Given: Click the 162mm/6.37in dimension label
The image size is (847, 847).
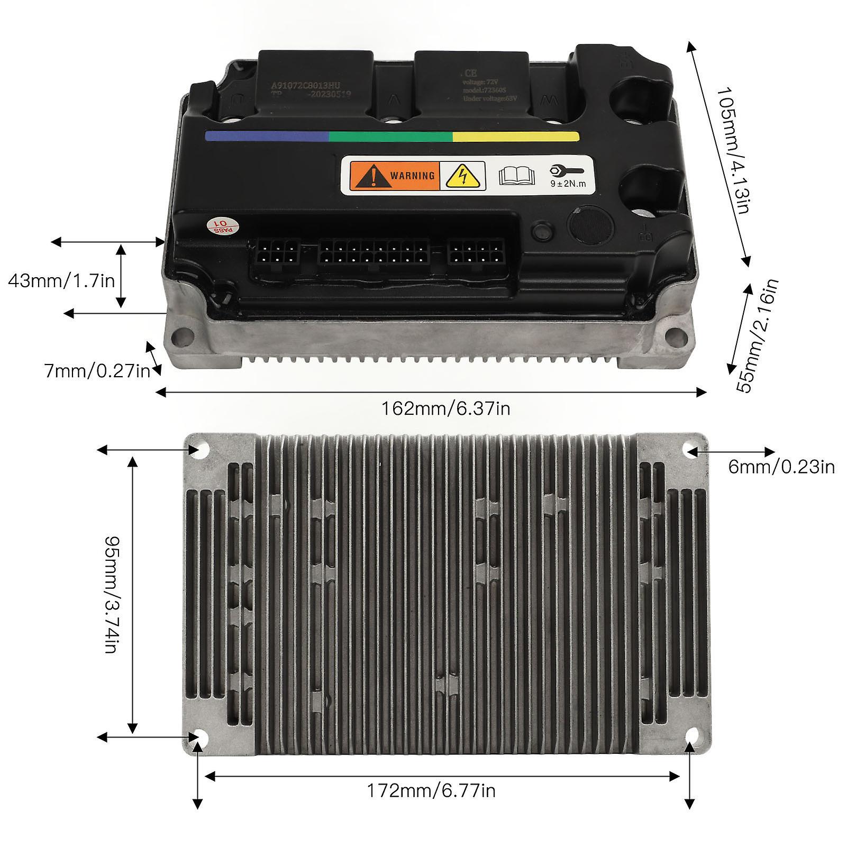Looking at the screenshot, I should (x=445, y=408).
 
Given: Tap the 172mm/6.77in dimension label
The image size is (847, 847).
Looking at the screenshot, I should (x=431, y=790).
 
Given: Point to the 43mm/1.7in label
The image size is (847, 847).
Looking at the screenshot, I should (x=61, y=280).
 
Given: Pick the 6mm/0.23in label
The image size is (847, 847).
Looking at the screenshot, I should (x=781, y=467).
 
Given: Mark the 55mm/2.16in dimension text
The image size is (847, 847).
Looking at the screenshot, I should (x=758, y=335).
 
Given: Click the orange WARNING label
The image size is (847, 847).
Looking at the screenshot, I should (x=394, y=175).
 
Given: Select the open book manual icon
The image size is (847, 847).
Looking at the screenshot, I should (x=516, y=175).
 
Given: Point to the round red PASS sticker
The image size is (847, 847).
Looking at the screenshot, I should (x=223, y=227).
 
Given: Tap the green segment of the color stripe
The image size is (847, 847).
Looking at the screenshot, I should (x=390, y=136).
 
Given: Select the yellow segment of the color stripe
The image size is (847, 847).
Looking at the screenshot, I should (x=516, y=136).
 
